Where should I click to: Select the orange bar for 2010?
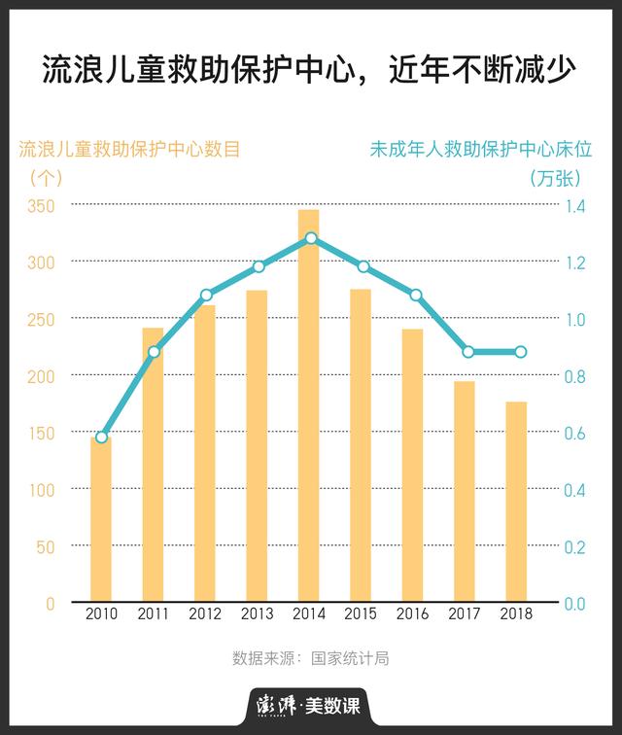[x=101, y=520]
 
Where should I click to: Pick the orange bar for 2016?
[x=412, y=467]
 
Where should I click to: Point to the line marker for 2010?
[x=102, y=437]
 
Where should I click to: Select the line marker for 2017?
[x=468, y=352]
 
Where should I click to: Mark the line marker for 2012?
[x=206, y=295]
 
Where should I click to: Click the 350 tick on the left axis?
[x=42, y=206]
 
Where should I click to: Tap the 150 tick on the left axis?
[x=42, y=433]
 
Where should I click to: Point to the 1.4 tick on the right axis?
[x=574, y=206]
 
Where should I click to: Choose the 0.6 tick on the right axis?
[x=574, y=433]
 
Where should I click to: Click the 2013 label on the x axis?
[x=257, y=614]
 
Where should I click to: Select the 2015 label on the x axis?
[x=361, y=614]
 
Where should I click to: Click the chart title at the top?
[x=310, y=70]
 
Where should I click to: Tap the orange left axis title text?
[x=129, y=150]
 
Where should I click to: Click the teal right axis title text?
[x=481, y=150]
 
